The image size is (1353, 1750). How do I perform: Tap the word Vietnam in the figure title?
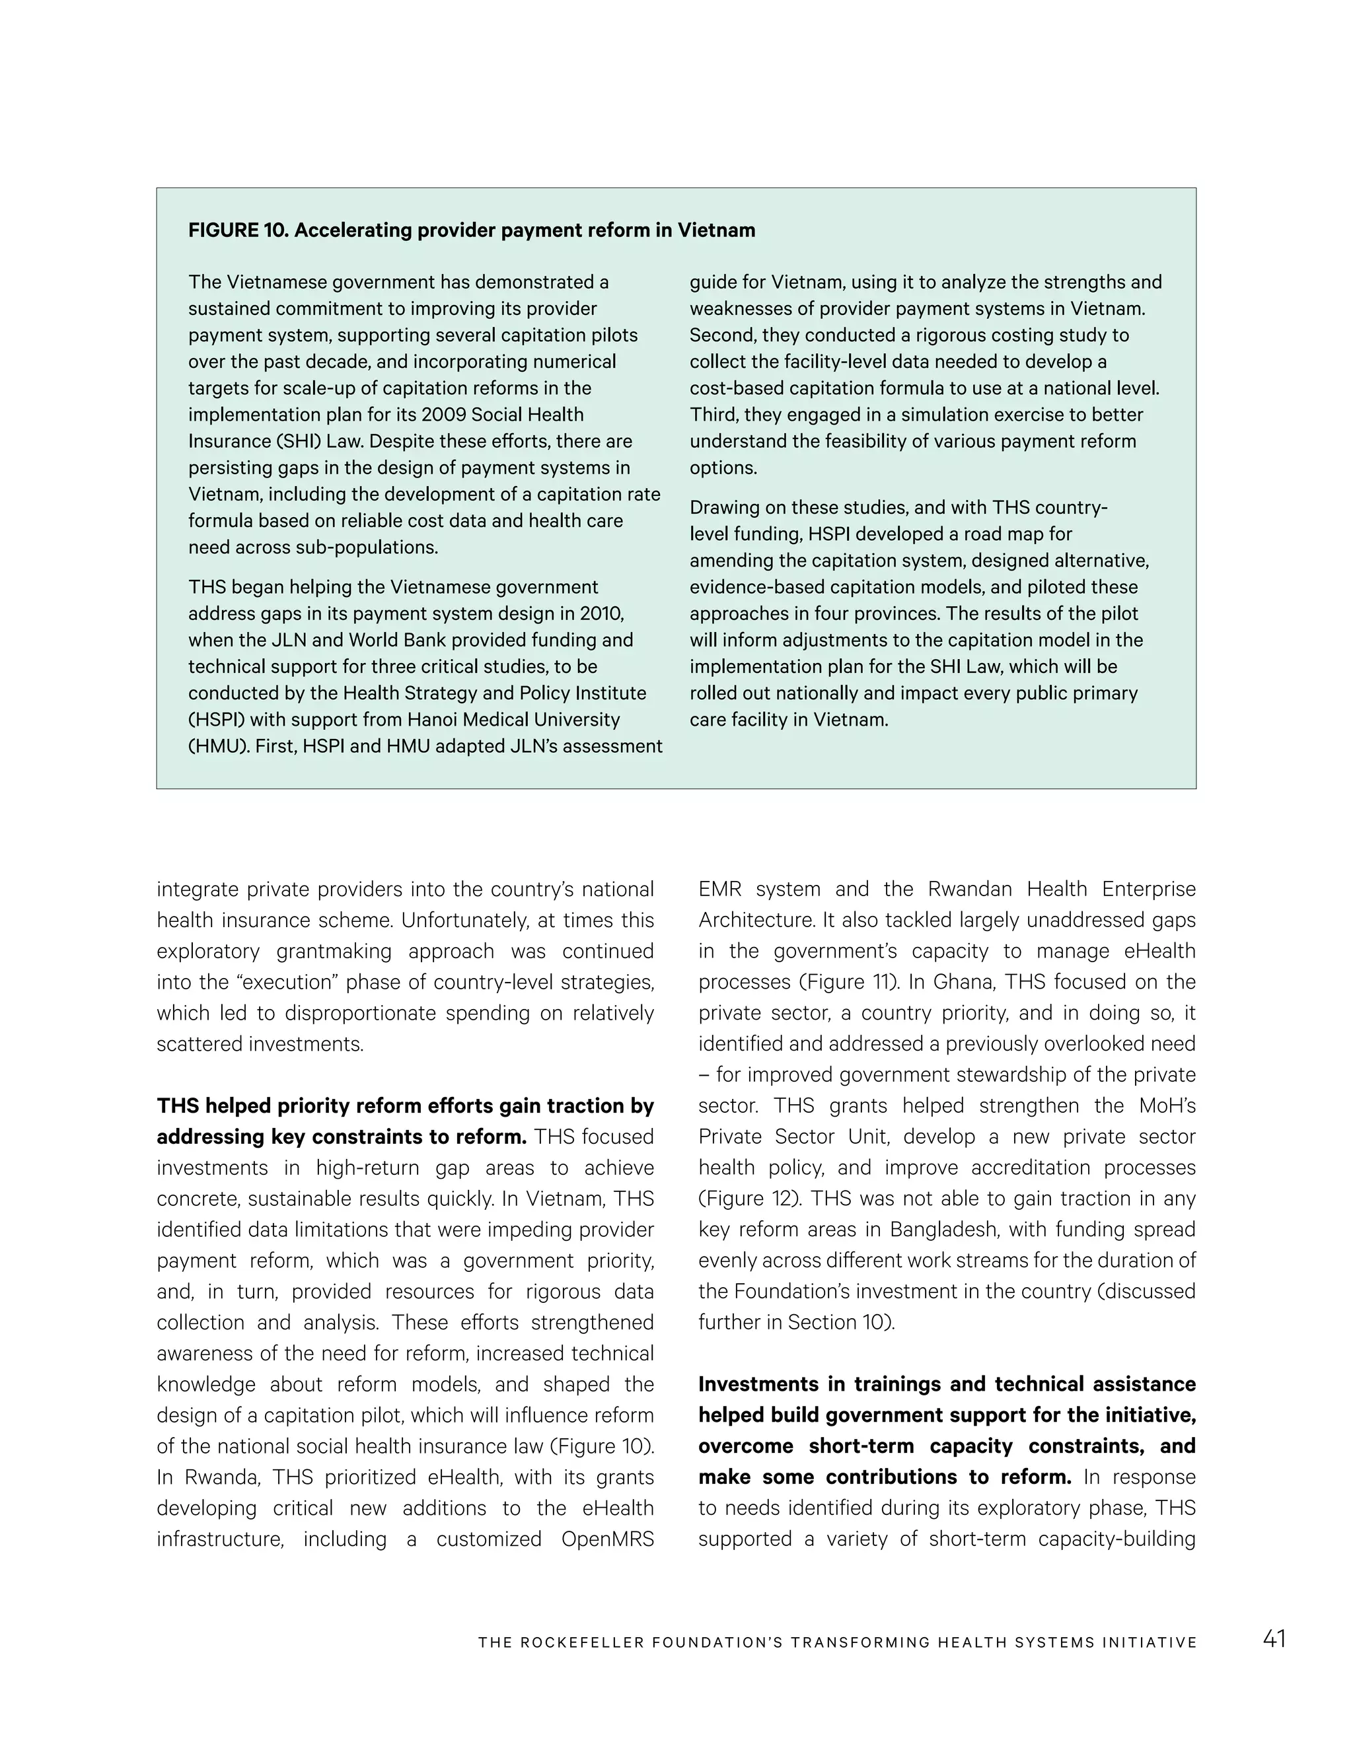coord(715,230)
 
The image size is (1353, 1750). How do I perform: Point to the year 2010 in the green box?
coord(601,613)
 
